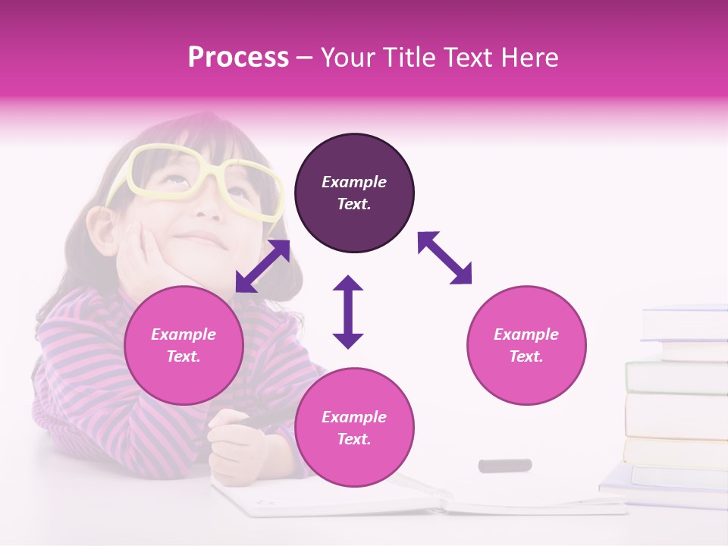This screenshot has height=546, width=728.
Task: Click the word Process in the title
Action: click(x=238, y=58)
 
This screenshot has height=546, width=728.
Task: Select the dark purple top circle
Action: click(x=354, y=193)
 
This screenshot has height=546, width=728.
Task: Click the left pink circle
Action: click(x=184, y=345)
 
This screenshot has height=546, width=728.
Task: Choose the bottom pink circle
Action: click(x=354, y=428)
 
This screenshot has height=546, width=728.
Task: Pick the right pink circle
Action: click(x=526, y=345)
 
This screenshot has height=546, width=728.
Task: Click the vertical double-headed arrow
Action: click(x=348, y=312)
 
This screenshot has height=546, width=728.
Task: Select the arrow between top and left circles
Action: click(x=262, y=266)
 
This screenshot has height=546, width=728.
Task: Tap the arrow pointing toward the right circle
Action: click(x=445, y=258)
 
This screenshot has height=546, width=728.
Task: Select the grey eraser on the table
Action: click(x=504, y=465)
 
